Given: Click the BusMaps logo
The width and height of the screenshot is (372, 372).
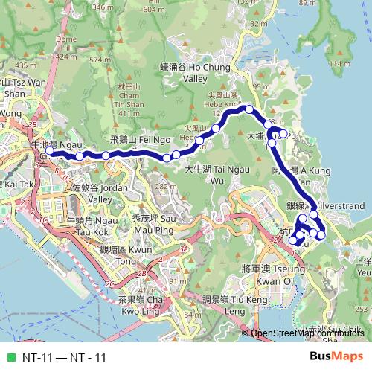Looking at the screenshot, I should point(337,356).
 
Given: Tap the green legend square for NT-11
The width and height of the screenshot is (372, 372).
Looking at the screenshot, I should point(10,358).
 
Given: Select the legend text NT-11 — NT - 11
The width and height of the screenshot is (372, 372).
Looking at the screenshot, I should point(64,358).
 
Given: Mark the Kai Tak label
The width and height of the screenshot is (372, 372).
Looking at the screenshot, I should point(16,183).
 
